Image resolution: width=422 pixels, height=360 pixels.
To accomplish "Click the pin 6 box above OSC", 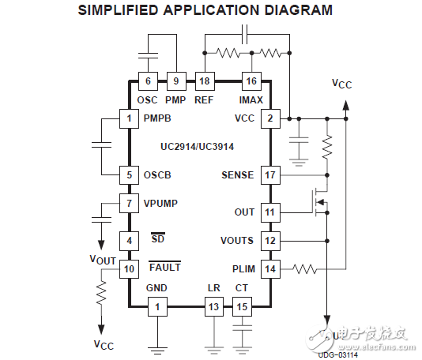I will pyautogui.click(x=147, y=81).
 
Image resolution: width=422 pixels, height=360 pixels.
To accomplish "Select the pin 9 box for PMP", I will pyautogui.click(x=175, y=81).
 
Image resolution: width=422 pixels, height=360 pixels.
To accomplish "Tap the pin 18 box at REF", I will pyautogui.click(x=204, y=81).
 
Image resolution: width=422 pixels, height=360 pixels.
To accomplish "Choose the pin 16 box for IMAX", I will pyautogui.click(x=251, y=81).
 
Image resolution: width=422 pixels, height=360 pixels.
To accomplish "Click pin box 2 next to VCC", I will pyautogui.click(x=270, y=118).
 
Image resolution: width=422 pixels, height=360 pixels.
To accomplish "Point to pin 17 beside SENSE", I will pyautogui.click(x=270, y=174).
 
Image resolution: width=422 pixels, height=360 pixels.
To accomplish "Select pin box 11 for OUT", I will pyautogui.click(x=270, y=212).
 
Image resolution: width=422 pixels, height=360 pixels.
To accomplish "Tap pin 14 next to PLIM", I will pyautogui.click(x=270, y=268).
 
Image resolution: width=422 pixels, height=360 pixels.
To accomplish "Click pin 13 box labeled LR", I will pyautogui.click(x=213, y=306).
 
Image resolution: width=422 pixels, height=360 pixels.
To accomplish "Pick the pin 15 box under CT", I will pyautogui.click(x=242, y=306).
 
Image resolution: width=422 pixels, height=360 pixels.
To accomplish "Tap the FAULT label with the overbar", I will pyautogui.click(x=164, y=267).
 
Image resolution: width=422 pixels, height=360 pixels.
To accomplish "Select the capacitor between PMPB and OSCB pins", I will pyautogui.click(x=101, y=146).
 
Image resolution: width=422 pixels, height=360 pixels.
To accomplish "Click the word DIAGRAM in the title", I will pyautogui.click(x=286, y=10).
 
